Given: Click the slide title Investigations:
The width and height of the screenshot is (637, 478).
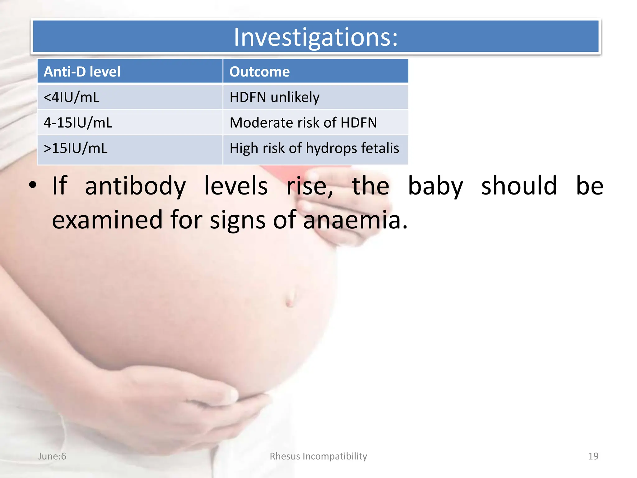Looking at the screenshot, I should point(315,37).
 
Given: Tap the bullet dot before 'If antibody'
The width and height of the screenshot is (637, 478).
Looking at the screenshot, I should point(32,185).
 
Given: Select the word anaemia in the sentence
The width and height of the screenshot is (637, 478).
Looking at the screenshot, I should point(355,220).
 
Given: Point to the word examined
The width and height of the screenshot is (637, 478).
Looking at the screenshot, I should point(107,220).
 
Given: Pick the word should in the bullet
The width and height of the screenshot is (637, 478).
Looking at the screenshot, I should point(519,186).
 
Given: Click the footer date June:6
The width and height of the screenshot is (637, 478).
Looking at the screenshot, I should point(52,456).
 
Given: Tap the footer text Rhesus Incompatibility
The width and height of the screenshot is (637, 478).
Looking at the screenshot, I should point(318,456).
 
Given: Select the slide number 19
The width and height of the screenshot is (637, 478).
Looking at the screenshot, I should point(593,456).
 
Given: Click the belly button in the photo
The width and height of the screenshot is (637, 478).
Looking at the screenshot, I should point(290,298).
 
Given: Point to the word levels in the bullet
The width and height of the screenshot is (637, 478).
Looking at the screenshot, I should point(236,186).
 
